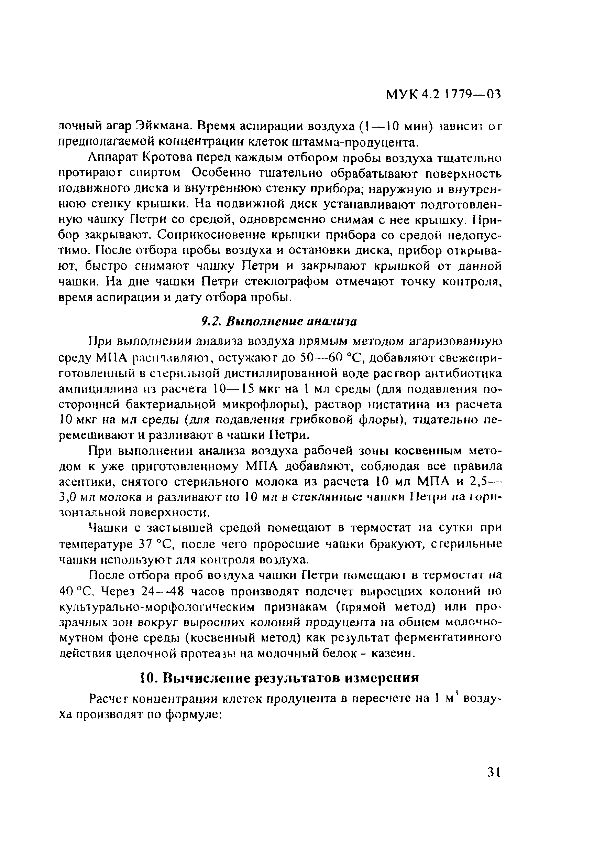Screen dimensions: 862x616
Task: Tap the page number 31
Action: coord(493,772)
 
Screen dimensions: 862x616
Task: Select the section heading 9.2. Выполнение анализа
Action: coord(279,322)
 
